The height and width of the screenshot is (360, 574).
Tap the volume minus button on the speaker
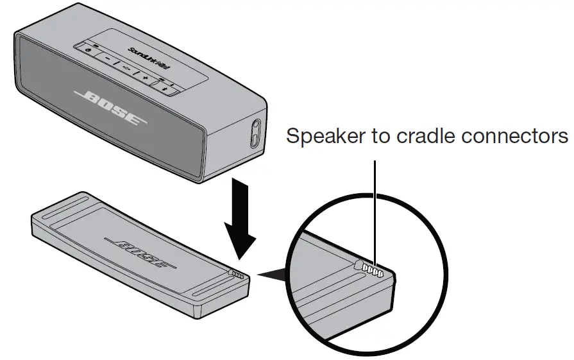(x=107, y=58)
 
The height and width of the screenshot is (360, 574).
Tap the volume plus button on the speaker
(x=146, y=77)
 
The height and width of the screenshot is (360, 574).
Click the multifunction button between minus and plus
(x=126, y=68)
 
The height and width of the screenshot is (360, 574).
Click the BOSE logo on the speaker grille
(x=110, y=108)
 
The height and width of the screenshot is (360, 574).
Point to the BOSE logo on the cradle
(x=140, y=253)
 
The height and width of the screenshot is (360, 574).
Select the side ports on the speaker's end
(x=255, y=133)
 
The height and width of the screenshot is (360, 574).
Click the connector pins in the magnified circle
(x=373, y=270)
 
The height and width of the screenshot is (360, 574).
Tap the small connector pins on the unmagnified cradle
(x=239, y=275)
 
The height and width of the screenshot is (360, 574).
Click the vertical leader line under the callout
(x=375, y=213)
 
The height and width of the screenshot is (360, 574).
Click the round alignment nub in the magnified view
(x=358, y=265)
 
